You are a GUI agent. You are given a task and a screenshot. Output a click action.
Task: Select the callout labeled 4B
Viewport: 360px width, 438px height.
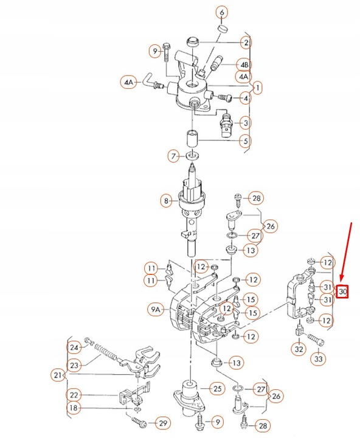pos(245,64)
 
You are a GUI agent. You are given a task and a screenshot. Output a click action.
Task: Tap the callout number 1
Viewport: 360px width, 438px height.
pos(258,88)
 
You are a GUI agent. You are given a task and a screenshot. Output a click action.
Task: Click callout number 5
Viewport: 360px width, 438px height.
pos(245,142)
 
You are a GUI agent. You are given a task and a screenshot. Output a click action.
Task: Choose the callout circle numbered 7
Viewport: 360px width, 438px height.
pos(174,157)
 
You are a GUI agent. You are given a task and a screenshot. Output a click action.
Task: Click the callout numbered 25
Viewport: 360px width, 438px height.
pos(217,388)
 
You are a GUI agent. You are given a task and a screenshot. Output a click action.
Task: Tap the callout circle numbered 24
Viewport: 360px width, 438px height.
pos(74,347)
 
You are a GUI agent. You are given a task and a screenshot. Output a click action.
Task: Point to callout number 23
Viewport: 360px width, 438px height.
pos(74,366)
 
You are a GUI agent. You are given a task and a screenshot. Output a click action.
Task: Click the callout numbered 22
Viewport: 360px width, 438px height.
pos(74,394)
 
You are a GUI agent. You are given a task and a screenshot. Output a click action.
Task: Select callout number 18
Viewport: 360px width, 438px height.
pos(74,408)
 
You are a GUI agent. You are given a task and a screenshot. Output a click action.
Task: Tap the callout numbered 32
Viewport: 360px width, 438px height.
pos(298,349)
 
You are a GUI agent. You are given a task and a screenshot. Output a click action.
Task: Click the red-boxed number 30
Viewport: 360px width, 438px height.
pos(343,292)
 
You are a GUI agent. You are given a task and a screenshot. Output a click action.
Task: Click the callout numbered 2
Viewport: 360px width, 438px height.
pos(245,43)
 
